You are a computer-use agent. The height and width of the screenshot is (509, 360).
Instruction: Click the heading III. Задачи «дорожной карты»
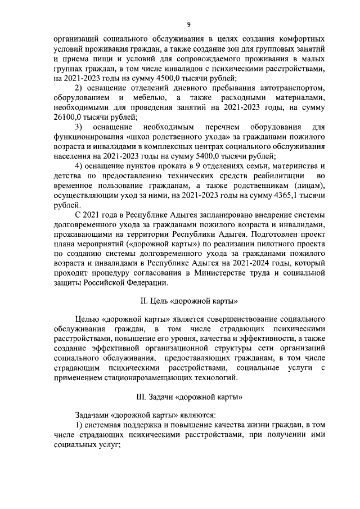tap(189, 396)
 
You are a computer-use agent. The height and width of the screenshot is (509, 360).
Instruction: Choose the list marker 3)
tap(79, 127)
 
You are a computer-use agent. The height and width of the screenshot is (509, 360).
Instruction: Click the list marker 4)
tap(79, 166)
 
